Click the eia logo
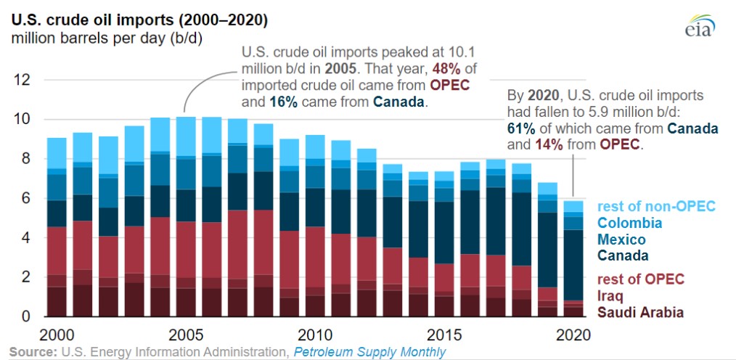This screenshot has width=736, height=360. pos(700,25)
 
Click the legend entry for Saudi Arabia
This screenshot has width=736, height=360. pos(639,312)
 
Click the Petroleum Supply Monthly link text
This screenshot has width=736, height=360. pos(369,352)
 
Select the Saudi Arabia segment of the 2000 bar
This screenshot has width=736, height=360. pos(57,302)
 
